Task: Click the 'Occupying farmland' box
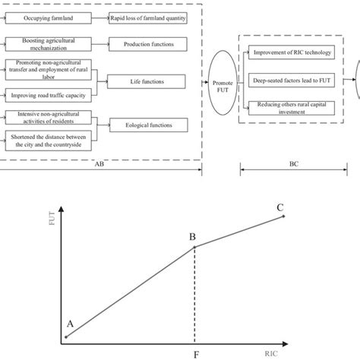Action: click(46, 18)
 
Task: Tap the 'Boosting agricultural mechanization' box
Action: click(46, 44)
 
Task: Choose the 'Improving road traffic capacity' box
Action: click(46, 95)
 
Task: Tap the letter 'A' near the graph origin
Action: click(71, 323)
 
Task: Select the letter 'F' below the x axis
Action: click(197, 353)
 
